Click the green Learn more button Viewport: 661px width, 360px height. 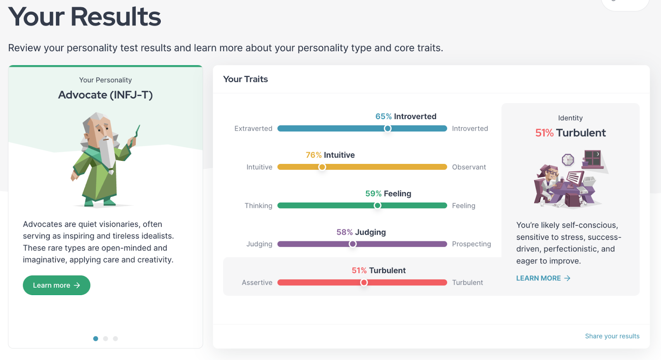click(56, 285)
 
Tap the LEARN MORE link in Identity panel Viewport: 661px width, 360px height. click(543, 278)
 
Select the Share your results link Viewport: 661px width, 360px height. click(612, 336)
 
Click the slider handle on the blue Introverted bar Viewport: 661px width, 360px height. click(388, 129)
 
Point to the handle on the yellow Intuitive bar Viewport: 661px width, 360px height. click(322, 167)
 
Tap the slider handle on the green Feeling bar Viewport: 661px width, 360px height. click(377, 205)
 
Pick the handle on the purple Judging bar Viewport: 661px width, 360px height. click(352, 244)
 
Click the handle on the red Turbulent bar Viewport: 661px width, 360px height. click(364, 283)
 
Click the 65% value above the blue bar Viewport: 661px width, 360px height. click(383, 117)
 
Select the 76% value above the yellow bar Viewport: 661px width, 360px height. click(314, 155)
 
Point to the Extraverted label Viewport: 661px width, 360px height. click(253, 129)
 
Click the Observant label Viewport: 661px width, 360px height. click(469, 167)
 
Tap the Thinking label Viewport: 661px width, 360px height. click(258, 205)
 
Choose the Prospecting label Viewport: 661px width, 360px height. click(471, 244)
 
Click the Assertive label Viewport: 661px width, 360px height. click(257, 283)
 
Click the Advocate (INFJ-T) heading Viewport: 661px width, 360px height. click(105, 95)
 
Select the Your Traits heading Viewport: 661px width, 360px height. click(245, 79)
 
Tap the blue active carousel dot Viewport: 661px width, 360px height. click(95, 339)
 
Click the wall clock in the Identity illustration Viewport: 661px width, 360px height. click(568, 160)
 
